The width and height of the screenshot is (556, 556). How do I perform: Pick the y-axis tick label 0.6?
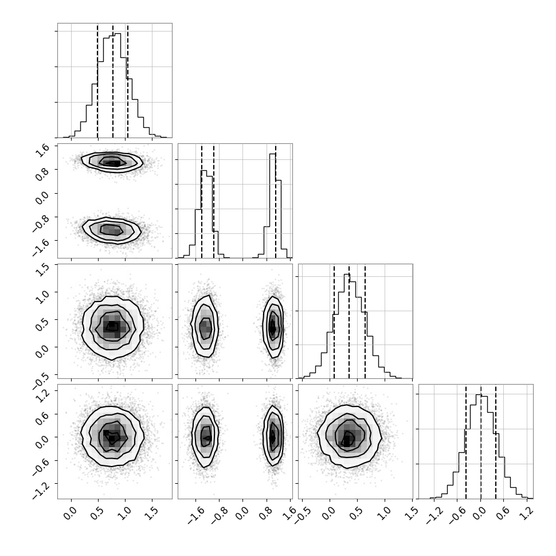pyautogui.click(x=42, y=420)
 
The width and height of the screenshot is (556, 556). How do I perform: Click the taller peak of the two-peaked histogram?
pyautogui.click(x=273, y=154)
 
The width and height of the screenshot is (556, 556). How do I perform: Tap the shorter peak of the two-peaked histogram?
pyautogui.click(x=203, y=171)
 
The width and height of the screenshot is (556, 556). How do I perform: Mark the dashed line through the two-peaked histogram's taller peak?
pyautogui.click(x=276, y=201)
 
